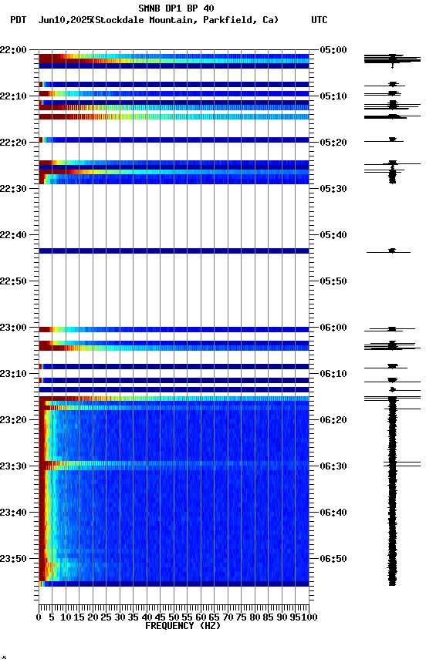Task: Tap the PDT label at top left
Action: point(19,20)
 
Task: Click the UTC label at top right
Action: point(319,20)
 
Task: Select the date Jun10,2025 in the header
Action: point(63,20)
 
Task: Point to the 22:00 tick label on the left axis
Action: point(13,50)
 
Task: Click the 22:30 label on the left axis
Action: point(13,189)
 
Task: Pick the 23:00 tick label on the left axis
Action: point(13,328)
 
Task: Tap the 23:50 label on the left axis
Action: point(13,559)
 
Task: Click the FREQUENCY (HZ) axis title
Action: point(174,626)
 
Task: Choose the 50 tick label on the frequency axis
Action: point(174,617)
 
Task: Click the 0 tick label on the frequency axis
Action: point(39,617)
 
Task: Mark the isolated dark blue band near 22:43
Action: point(174,251)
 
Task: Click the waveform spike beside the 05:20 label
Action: point(392,140)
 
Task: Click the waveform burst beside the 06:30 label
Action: point(392,464)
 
